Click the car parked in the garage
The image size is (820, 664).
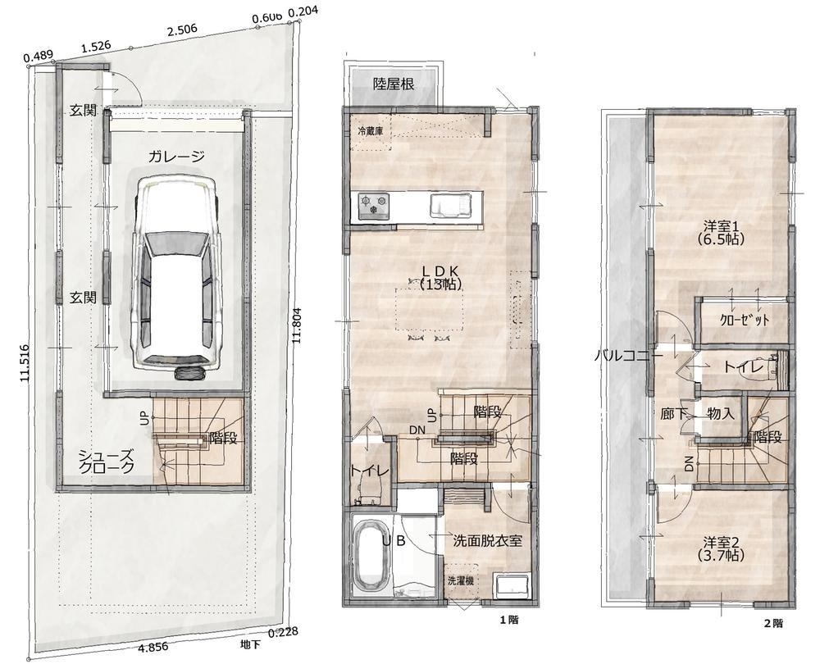tap(177, 276)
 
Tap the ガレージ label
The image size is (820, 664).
tap(175, 157)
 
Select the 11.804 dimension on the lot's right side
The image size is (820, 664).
tap(298, 324)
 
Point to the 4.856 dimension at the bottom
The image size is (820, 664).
tap(153, 647)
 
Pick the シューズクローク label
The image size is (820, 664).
tap(106, 462)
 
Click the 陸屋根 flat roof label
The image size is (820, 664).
tap(394, 84)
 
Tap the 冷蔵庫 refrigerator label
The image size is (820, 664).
tap(371, 130)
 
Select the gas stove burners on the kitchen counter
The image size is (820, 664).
tap(373, 206)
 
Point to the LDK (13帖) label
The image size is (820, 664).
tap(440, 277)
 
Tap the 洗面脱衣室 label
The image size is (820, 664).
tap(487, 540)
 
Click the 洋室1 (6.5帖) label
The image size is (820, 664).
tap(720, 233)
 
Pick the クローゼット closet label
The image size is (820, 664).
tap(745, 320)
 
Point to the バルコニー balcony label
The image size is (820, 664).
tap(629, 357)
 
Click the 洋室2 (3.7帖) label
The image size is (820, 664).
tap(720, 548)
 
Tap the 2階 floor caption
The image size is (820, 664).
tap(773, 623)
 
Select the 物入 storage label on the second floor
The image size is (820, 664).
tap(721, 413)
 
